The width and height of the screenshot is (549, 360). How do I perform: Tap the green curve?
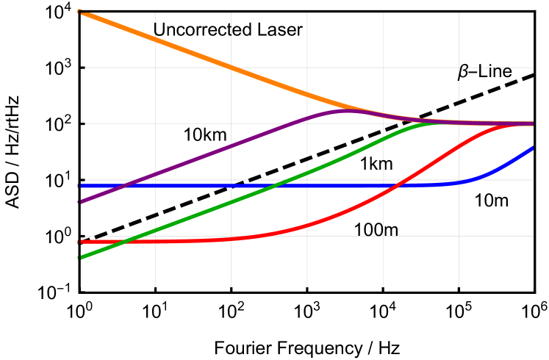click(220, 206)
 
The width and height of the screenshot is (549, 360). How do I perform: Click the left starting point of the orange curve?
click(79, 12)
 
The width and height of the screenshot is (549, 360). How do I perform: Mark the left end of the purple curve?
click(79, 201)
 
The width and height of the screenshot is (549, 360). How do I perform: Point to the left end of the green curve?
click(79, 258)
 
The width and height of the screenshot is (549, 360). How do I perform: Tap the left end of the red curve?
click(79, 241)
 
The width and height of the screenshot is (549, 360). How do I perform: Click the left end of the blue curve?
click(79, 185)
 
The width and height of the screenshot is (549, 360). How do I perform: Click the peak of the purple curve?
click(345, 110)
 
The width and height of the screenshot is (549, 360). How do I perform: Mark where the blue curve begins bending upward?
click(459, 182)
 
